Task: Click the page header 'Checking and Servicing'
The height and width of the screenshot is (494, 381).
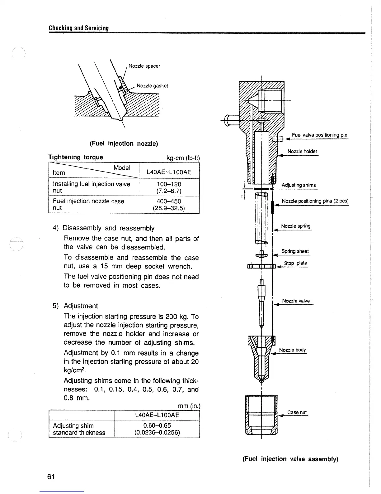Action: coord(79,28)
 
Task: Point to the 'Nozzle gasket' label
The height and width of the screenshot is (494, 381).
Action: coord(152,86)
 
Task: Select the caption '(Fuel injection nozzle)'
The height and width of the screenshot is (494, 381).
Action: coord(124,143)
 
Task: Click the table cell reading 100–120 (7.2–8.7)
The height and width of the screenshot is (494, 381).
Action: coord(169,187)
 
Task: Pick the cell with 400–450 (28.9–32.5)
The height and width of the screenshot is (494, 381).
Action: coord(169,205)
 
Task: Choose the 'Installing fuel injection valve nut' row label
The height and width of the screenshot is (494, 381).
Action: coord(92,187)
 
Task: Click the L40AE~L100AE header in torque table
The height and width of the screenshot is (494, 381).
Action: coord(169,172)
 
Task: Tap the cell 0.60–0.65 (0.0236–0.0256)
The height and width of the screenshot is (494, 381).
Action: coord(157,429)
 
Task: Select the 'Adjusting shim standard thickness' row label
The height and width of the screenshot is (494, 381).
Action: coord(79,429)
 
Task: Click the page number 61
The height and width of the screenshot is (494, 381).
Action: coord(51,477)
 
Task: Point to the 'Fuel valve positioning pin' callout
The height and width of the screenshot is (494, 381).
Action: coord(319,135)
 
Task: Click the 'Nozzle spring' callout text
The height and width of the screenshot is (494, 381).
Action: coord(296,226)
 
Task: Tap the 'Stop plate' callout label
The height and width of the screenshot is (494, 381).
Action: coord(295,263)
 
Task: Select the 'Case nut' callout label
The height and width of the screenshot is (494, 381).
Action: coord(297,412)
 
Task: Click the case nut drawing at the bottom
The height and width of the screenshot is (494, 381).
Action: coord(261,415)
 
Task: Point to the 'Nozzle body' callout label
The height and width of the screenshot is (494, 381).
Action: coord(293,350)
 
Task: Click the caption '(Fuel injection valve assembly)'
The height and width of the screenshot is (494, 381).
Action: coord(290,459)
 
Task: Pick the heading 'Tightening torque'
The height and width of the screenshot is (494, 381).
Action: coord(76,157)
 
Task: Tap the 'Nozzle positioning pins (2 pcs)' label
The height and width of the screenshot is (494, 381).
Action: coord(315,201)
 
